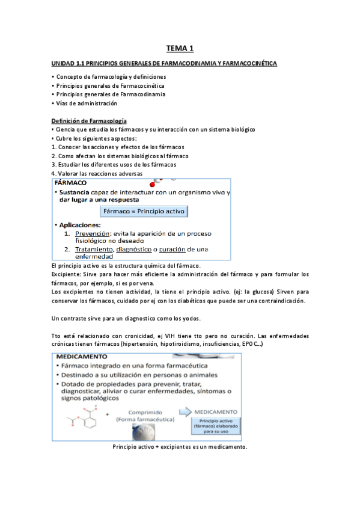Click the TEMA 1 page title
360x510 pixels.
[x=180, y=49]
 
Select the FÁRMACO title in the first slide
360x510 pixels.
[x=71, y=182]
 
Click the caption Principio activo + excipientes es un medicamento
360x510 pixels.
[x=180, y=447]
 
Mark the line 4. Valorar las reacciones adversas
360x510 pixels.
[x=97, y=173]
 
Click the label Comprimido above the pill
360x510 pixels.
[x=145, y=407]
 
